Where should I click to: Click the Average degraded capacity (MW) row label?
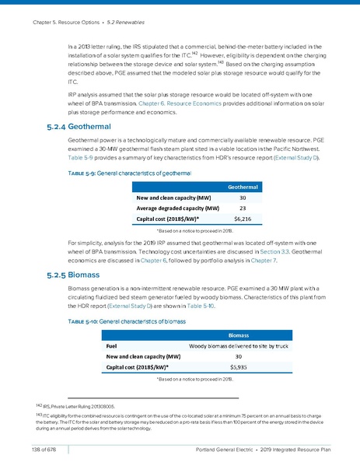[177, 208]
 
